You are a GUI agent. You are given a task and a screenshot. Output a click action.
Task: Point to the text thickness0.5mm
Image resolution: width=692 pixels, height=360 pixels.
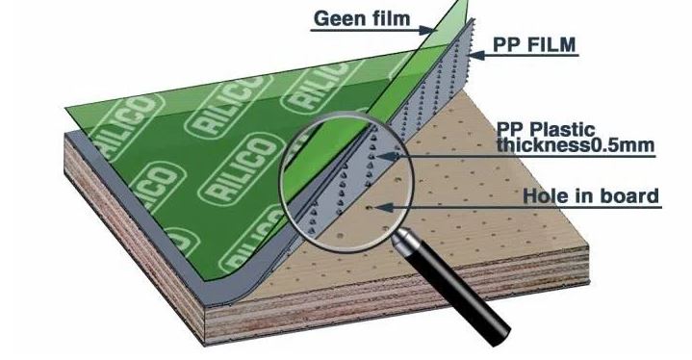575,144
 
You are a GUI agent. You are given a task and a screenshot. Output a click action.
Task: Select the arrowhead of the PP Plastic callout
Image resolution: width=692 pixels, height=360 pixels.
383,156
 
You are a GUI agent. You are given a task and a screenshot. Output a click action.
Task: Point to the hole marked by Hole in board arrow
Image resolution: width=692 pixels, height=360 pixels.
370,207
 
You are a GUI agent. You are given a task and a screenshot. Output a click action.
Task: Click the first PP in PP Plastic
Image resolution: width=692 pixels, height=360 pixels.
511,130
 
